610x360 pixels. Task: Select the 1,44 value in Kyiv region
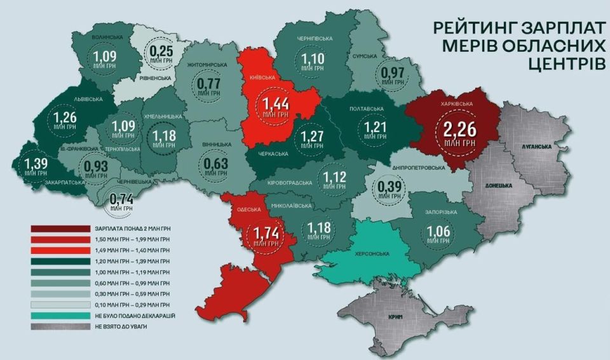[x=275, y=104]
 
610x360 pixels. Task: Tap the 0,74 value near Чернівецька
[x=121, y=199]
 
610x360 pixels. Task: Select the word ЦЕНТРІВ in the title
[x=565, y=63]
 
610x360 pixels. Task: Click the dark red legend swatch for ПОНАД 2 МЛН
[x=60, y=229]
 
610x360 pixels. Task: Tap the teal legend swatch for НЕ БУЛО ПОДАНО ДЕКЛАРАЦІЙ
[x=60, y=316]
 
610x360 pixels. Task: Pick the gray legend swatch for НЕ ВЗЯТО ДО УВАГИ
[x=60, y=326]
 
